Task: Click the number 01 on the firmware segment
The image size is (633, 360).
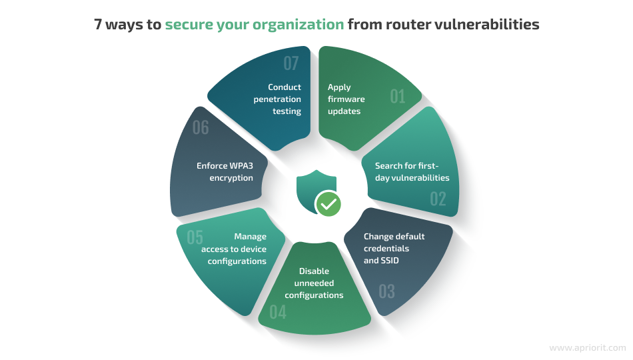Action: [398, 97]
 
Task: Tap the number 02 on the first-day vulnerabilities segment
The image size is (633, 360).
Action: [438, 199]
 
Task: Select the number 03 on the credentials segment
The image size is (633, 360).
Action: [386, 291]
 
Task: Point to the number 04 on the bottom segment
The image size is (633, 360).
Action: [278, 312]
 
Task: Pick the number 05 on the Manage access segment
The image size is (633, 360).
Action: [195, 237]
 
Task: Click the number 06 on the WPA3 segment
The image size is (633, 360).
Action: [201, 128]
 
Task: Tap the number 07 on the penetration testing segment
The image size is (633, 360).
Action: [291, 63]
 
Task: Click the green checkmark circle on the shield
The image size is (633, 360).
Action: [328, 203]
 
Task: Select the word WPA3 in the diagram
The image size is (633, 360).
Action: [241, 165]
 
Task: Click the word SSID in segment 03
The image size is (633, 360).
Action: [390, 261]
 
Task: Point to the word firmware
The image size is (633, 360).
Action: [346, 99]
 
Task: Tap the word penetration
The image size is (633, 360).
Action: [277, 99]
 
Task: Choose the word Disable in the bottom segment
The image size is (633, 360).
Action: [314, 271]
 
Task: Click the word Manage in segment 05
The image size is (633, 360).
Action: [251, 237]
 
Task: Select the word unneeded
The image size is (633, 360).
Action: [314, 283]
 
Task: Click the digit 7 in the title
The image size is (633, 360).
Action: [98, 24]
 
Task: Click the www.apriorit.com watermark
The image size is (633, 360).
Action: [588, 347]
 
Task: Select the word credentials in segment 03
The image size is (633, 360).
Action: [386, 249]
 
